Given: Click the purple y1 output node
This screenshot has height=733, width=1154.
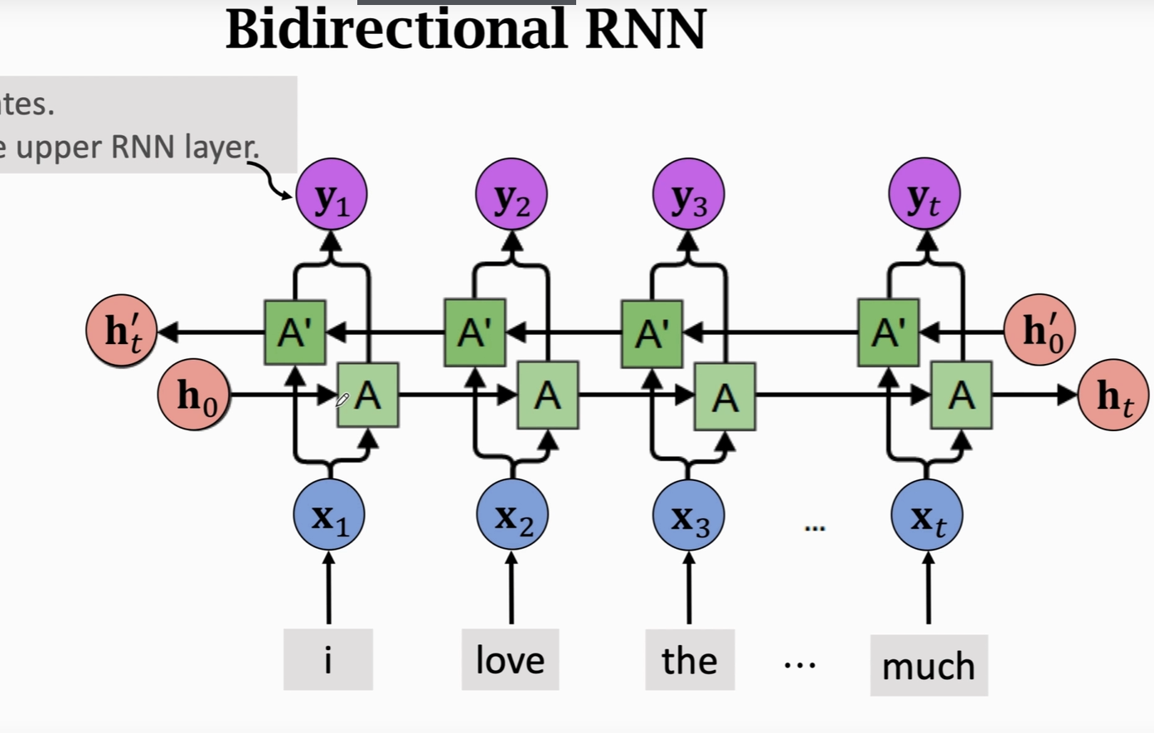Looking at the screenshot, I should pyautogui.click(x=331, y=196).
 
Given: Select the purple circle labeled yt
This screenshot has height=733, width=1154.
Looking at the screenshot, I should pyautogui.click(x=924, y=196).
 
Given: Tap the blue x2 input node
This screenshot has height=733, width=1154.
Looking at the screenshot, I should pyautogui.click(x=512, y=515).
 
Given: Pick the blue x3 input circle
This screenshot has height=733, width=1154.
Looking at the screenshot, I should pyautogui.click(x=689, y=516).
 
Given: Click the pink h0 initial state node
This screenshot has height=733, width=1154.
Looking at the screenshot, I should pyautogui.click(x=194, y=395).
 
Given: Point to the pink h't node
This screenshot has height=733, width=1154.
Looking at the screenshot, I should pyautogui.click(x=122, y=330).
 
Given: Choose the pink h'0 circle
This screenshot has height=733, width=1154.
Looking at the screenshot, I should pyautogui.click(x=1040, y=330).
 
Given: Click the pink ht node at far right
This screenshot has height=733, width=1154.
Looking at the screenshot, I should pyautogui.click(x=1113, y=396).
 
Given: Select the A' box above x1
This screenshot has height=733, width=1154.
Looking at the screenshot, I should pyautogui.click(x=294, y=333).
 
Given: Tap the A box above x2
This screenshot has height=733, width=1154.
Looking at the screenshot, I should pyautogui.click(x=547, y=396).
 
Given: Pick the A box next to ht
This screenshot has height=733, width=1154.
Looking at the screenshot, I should pyautogui.click(x=961, y=396).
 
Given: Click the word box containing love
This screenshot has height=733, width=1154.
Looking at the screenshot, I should pyautogui.click(x=510, y=660).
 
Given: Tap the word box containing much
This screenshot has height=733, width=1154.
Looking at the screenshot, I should pyautogui.click(x=929, y=666).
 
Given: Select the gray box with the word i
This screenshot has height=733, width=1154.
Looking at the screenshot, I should pyautogui.click(x=327, y=660).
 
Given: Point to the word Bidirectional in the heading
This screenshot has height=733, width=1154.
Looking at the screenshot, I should pyautogui.click(x=396, y=30).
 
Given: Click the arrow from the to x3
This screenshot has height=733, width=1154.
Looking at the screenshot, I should pyautogui.click(x=689, y=589).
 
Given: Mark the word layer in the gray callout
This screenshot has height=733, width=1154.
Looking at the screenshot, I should pyautogui.click(x=222, y=148).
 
